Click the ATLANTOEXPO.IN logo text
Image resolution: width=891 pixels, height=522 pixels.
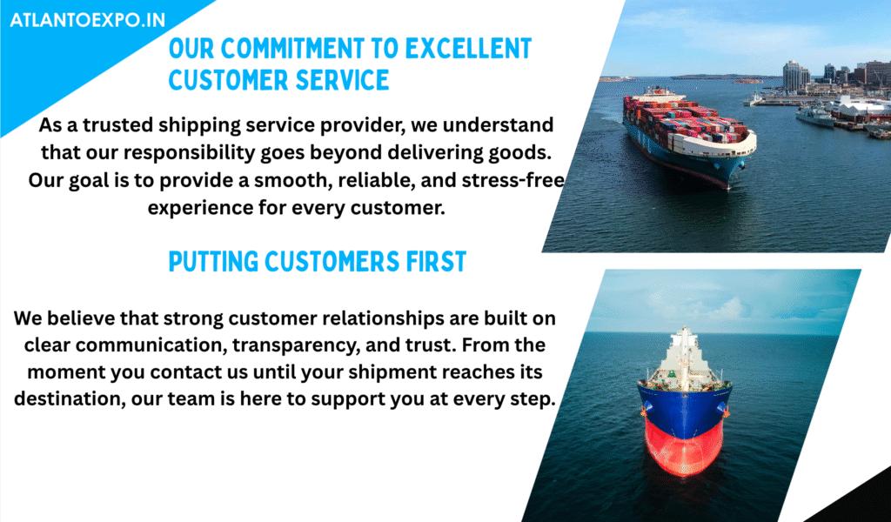click(x=88, y=21)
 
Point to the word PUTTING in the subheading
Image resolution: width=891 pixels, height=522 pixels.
click(x=214, y=262)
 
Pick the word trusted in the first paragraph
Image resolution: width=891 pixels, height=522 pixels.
click(x=118, y=125)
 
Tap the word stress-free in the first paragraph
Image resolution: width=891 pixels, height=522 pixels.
click(x=513, y=180)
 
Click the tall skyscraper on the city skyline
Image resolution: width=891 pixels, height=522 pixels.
click(x=792, y=77)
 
